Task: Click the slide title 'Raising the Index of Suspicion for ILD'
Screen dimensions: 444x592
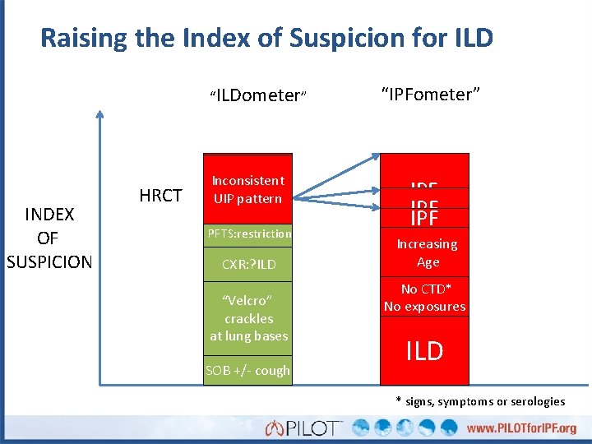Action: pyautogui.click(x=266, y=38)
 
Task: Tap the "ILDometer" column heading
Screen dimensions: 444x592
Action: pyautogui.click(x=258, y=95)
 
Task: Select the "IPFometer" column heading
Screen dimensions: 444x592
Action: pyautogui.click(x=430, y=94)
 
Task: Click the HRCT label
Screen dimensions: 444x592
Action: pyautogui.click(x=160, y=195)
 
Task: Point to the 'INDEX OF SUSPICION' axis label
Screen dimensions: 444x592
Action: pyautogui.click(x=49, y=238)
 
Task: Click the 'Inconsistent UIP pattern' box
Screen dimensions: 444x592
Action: pyautogui.click(x=248, y=189)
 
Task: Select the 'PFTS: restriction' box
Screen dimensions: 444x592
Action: pyautogui.click(x=248, y=234)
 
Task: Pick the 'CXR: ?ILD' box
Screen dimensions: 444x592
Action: pyautogui.click(x=248, y=264)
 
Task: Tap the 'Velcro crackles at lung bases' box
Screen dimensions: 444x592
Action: pyautogui.click(x=248, y=317)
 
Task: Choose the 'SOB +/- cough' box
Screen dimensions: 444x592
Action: pyautogui.click(x=248, y=370)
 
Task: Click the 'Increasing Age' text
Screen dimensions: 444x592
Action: pyautogui.click(x=426, y=253)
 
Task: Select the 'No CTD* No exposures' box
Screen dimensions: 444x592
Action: pyautogui.click(x=424, y=298)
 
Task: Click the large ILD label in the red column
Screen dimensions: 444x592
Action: pyautogui.click(x=424, y=351)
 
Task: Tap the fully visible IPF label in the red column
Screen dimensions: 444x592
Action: pyautogui.click(x=424, y=218)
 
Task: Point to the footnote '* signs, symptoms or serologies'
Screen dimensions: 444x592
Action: pyautogui.click(x=480, y=401)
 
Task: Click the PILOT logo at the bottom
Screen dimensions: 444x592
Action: pyautogui.click(x=303, y=428)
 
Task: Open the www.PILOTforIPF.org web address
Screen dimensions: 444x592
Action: pyautogui.click(x=521, y=428)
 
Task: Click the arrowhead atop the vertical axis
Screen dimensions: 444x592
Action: pyautogui.click(x=100, y=116)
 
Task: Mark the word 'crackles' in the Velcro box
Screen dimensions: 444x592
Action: pyautogui.click(x=248, y=318)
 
